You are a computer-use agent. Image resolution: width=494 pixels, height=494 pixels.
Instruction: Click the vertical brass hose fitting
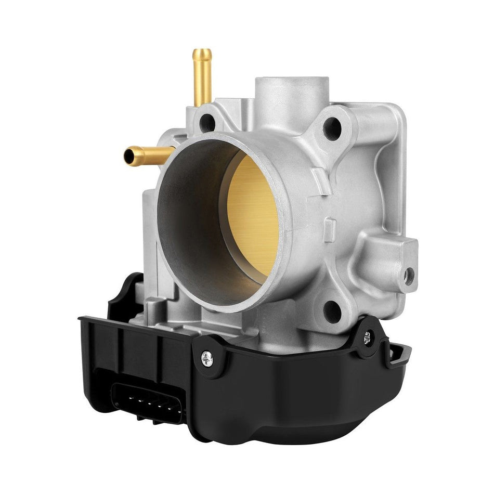tap(202, 78)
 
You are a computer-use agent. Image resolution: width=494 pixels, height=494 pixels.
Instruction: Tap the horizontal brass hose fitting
tap(148, 153)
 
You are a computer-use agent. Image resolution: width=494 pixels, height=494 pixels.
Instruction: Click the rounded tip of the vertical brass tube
tap(202, 53)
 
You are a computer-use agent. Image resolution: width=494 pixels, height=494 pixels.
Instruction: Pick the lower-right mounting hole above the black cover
tap(331, 310)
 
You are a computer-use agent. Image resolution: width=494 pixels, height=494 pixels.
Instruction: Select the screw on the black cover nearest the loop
tap(368, 336)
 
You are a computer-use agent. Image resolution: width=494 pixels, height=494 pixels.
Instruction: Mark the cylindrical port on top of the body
tap(291, 94)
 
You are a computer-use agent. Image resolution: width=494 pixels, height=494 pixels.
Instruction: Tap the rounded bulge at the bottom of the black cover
tap(291, 416)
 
